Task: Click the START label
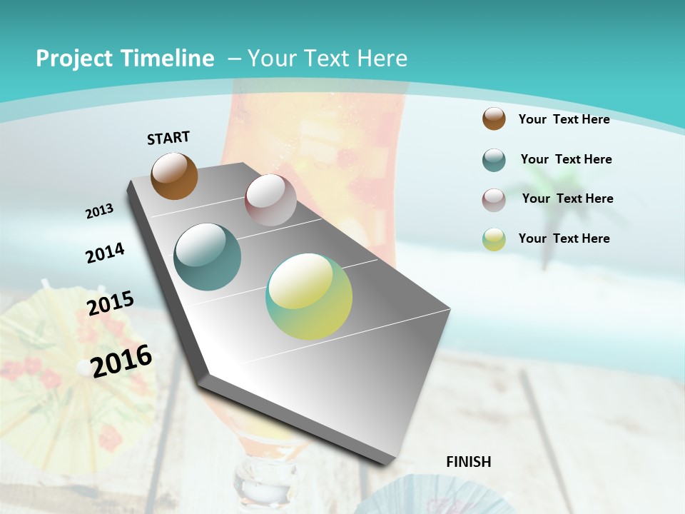tap(168, 138)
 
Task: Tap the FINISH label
tap(468, 462)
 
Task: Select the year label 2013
tap(99, 211)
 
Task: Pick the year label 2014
tap(105, 253)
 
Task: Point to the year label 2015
tap(111, 303)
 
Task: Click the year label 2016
tap(121, 361)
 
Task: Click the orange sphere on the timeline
tap(174, 176)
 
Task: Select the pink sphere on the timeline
tap(270, 200)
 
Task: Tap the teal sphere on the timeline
tap(207, 257)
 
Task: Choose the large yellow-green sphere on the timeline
tap(309, 296)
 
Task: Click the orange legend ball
tap(494, 119)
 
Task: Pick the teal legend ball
tap(494, 160)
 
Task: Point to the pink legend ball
tap(494, 200)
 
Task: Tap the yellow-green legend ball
tap(494, 239)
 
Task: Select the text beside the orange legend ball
tap(564, 119)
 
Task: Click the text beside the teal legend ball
tap(566, 159)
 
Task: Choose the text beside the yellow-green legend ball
tap(564, 238)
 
